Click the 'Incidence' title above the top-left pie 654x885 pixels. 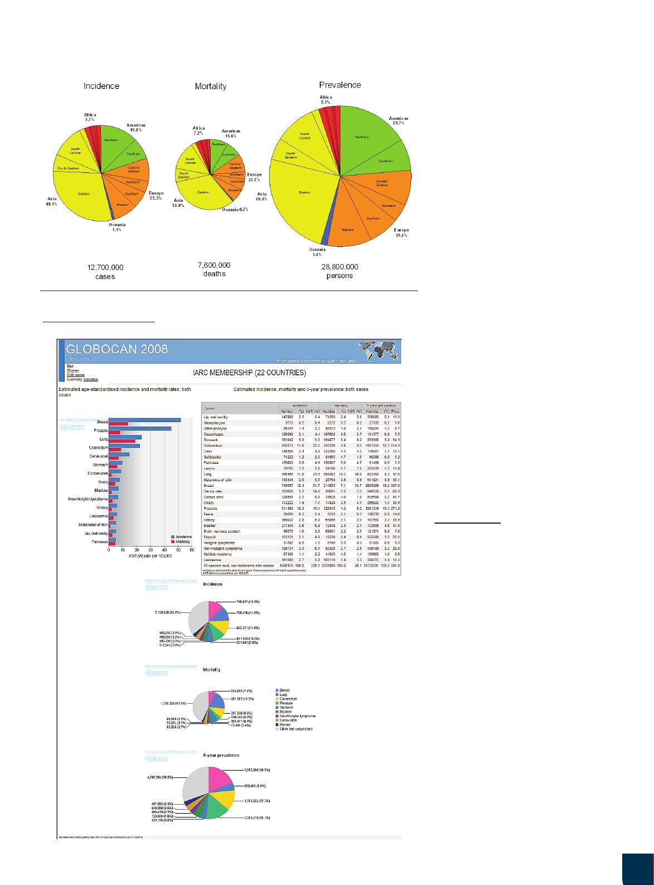click(101, 86)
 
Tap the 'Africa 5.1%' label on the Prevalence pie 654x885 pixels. click(325, 100)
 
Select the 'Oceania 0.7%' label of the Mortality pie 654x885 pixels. click(235, 209)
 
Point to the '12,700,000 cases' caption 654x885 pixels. click(105, 272)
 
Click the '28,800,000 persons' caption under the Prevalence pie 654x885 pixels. click(340, 271)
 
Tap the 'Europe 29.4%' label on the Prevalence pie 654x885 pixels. click(401, 233)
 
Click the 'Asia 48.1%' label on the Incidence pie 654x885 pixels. click(52, 201)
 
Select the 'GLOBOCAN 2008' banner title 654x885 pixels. click(116, 350)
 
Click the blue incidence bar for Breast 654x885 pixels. click(145, 420)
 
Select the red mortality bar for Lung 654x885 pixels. click(122, 441)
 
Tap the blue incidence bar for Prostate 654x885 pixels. click(140, 428)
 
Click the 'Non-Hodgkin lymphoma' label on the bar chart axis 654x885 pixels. click(88, 499)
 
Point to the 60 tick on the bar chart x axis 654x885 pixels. click(192, 550)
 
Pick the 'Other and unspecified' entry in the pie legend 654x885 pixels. click(296, 729)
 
